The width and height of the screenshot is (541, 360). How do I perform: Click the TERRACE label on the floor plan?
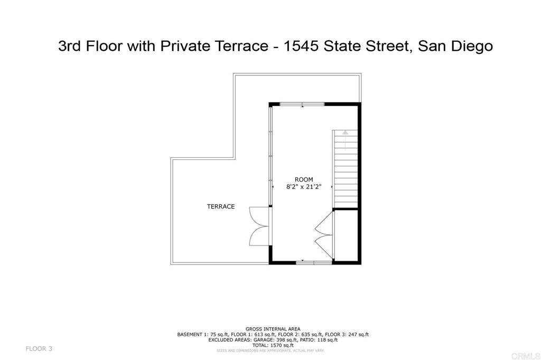click(x=220, y=206)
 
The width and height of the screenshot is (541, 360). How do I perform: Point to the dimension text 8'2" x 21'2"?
click(x=304, y=186)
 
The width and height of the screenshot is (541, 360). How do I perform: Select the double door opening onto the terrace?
click(x=259, y=225)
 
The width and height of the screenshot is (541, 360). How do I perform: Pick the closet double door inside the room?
click(x=324, y=230)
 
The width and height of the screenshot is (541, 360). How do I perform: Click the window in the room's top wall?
click(x=302, y=104)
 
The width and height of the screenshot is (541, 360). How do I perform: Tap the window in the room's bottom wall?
click(x=313, y=262)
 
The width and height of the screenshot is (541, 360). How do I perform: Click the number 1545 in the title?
click(x=301, y=46)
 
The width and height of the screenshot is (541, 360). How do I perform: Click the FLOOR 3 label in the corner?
click(x=39, y=348)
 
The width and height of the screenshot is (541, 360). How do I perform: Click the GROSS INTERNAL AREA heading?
click(x=273, y=328)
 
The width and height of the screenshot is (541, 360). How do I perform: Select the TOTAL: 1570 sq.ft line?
click(x=273, y=345)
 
